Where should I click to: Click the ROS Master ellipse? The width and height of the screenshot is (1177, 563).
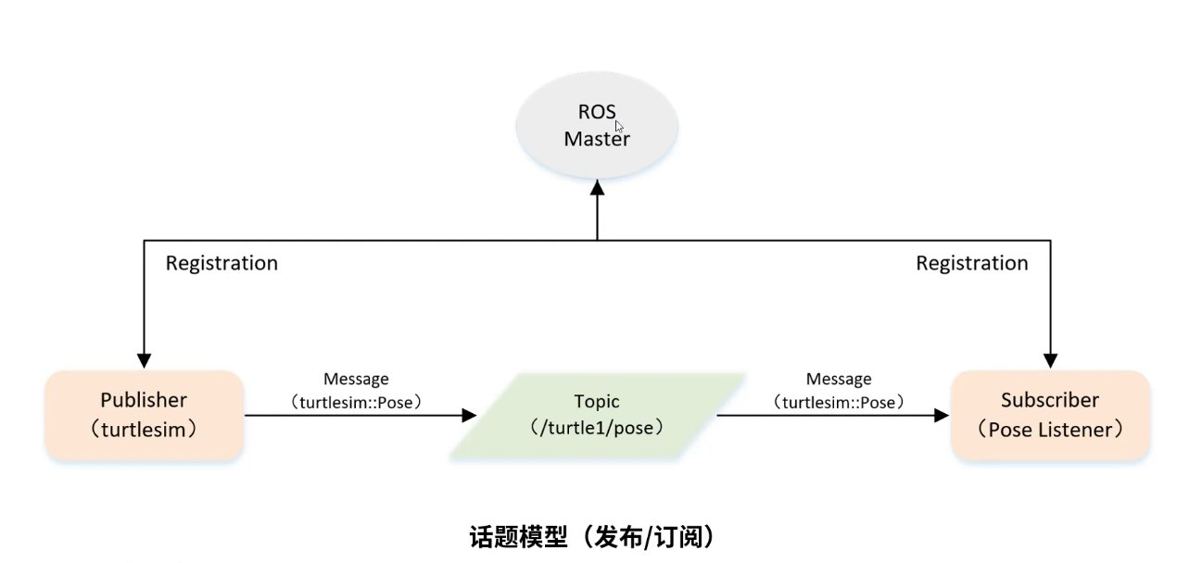pos(597,125)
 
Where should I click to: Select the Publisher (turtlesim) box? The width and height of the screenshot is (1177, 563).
pos(144,415)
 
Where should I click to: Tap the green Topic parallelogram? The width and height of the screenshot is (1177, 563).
pos(597,415)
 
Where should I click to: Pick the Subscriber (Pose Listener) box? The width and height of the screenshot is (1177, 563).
pos(1050,415)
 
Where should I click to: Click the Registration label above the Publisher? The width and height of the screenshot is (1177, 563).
pos(221,263)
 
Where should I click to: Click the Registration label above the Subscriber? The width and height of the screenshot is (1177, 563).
pos(971,263)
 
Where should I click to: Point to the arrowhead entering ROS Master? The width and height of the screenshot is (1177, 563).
pos(597,187)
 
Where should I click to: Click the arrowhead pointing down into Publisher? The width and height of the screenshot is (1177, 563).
pos(144,359)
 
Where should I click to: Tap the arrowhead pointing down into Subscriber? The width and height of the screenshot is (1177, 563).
pos(1050,359)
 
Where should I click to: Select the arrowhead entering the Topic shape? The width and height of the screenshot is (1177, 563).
pos(468,416)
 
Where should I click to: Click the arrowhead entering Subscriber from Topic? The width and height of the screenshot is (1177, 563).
pos(942,416)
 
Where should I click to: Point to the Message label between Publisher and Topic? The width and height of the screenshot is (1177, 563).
pos(356,379)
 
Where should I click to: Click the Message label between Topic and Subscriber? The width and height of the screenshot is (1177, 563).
pos(838,379)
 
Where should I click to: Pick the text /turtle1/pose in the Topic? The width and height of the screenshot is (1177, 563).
pos(597,430)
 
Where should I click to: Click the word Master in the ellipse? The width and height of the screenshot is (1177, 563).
pos(597,140)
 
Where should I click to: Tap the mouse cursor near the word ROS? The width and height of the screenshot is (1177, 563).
pos(619,127)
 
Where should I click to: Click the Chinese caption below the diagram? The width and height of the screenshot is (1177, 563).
pos(591,536)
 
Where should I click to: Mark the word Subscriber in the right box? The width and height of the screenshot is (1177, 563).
pos(1050,400)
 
